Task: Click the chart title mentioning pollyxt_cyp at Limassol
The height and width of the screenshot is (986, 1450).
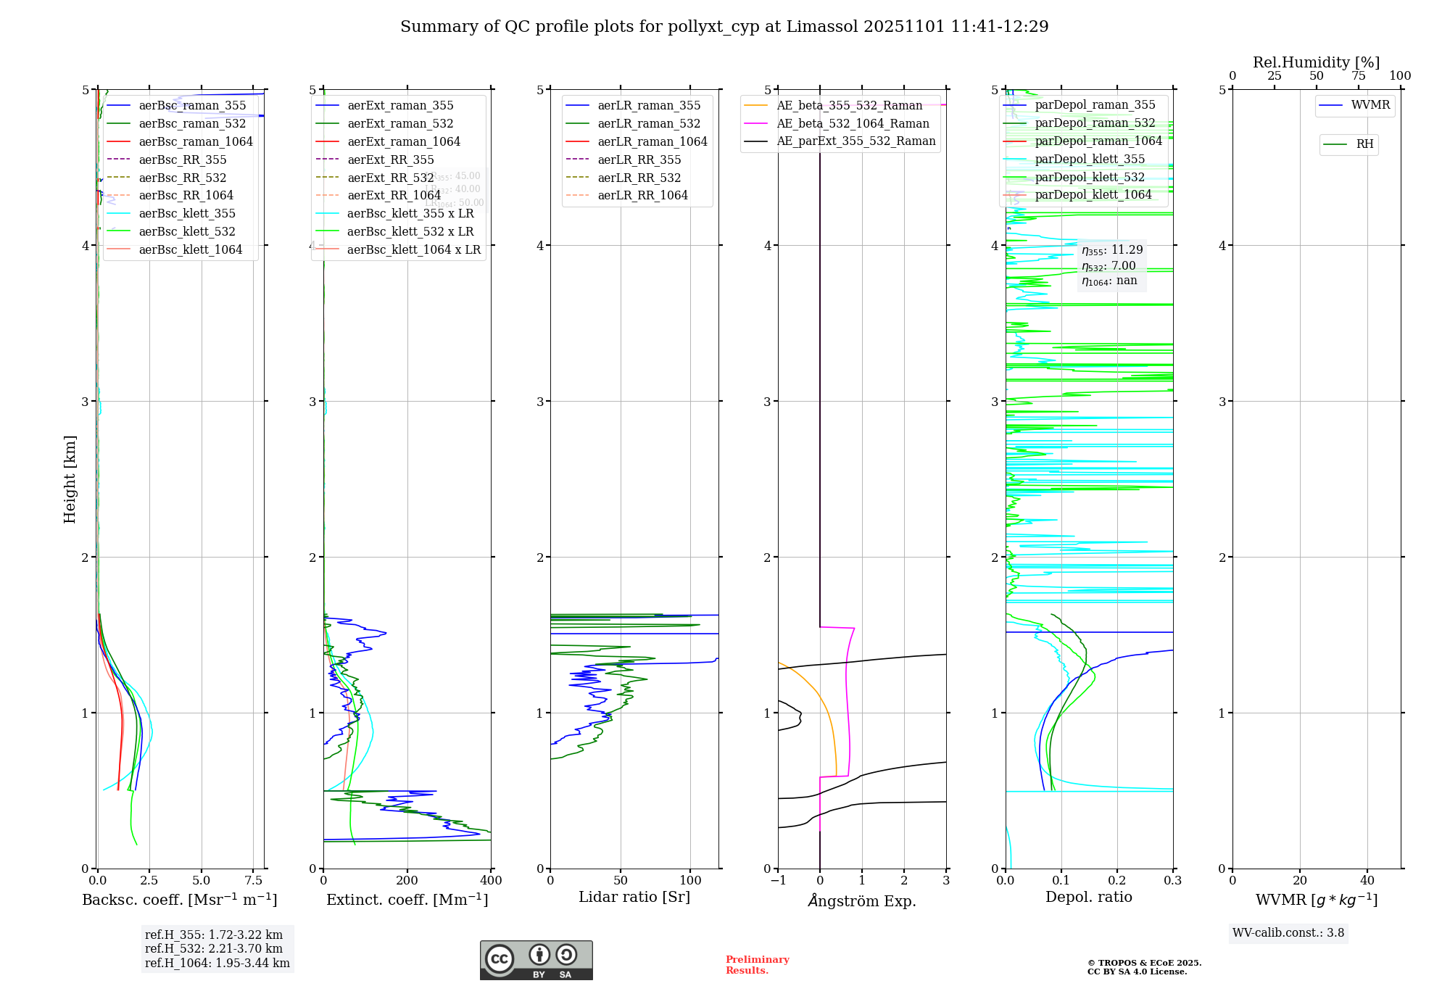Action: [724, 27]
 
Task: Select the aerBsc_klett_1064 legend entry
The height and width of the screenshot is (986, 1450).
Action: [190, 249]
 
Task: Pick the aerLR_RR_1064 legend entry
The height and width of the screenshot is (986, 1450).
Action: [642, 195]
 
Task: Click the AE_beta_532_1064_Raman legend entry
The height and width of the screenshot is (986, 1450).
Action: [853, 123]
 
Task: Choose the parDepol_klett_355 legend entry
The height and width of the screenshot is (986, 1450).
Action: [1090, 159]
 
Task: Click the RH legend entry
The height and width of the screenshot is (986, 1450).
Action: [1364, 144]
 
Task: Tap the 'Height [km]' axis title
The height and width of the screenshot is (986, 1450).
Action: [70, 478]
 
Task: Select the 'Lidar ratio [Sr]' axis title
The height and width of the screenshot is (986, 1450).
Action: [634, 897]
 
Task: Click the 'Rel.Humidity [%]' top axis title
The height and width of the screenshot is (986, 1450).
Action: [1316, 62]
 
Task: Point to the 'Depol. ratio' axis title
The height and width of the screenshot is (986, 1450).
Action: [1088, 897]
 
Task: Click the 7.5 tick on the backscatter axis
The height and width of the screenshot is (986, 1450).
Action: [253, 881]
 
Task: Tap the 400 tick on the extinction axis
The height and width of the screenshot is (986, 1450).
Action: [492, 881]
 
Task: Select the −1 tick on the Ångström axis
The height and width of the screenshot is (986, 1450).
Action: [778, 881]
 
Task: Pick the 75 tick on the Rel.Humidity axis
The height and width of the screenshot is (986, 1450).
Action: [1358, 76]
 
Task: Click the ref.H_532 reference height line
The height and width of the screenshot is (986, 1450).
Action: [214, 948]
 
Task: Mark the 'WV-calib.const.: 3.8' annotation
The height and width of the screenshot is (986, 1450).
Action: [1288, 933]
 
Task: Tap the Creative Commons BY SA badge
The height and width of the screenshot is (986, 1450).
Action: [536, 960]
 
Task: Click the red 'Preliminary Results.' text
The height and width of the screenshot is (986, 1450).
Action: [757, 964]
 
